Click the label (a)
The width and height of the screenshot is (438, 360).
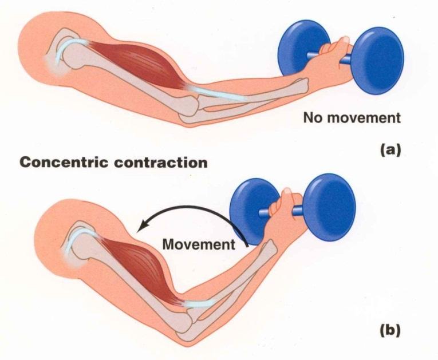(x=390, y=150)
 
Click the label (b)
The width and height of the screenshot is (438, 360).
(x=391, y=330)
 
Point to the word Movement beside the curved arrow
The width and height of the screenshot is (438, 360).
(x=199, y=244)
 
